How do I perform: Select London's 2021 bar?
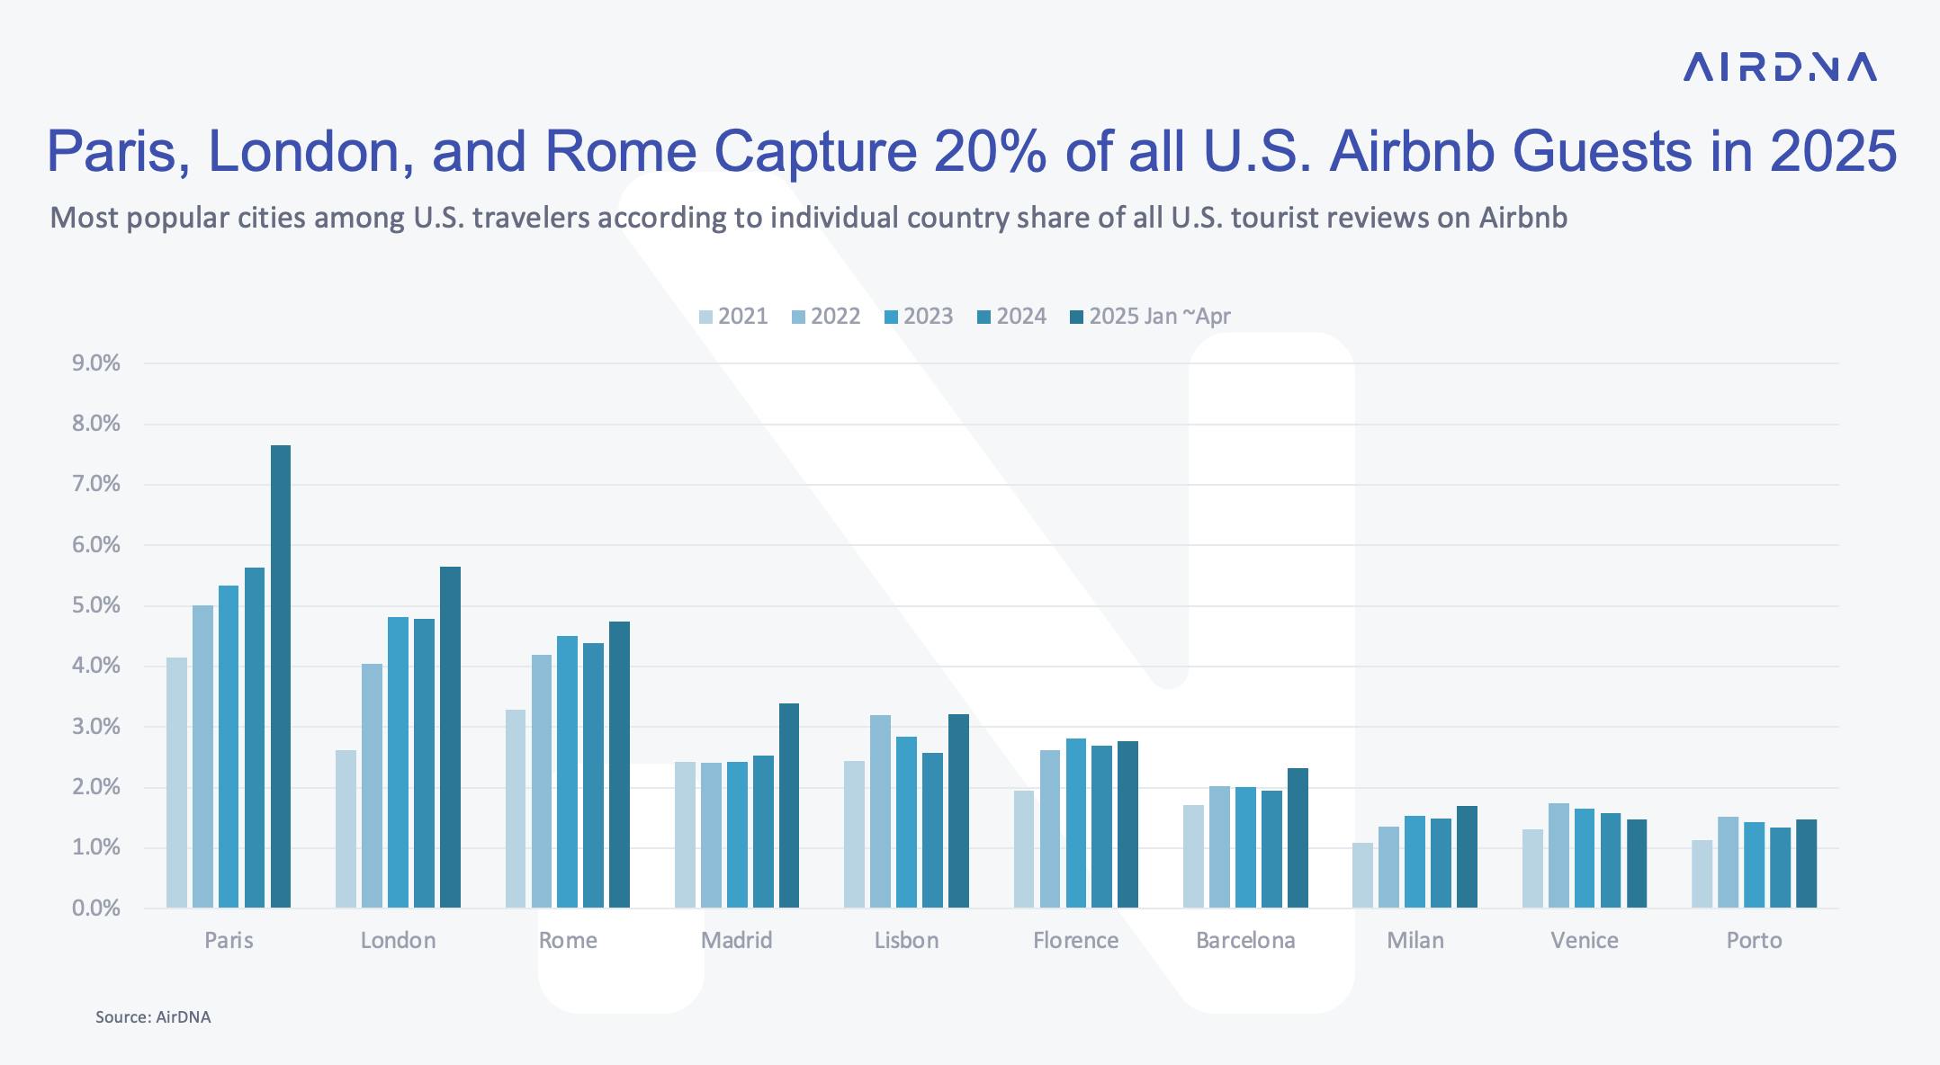coord(346,828)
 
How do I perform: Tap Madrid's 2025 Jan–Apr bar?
coord(789,805)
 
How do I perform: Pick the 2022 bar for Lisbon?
coord(880,810)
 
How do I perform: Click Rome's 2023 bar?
coord(567,771)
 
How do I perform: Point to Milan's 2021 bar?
coord(1362,874)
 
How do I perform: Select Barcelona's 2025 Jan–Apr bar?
coord(1298,837)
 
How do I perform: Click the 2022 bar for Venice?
coord(1558,855)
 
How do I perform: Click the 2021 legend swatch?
coord(706,317)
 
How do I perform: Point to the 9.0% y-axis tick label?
coord(95,363)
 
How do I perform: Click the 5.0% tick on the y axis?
coord(95,605)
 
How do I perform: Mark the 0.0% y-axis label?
coord(95,908)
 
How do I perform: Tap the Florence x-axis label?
coord(1075,941)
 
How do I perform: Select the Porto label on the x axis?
coord(1754,941)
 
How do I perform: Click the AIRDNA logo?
coord(1779,67)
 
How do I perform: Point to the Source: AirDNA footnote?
coord(153,1017)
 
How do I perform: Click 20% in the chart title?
coord(990,151)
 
